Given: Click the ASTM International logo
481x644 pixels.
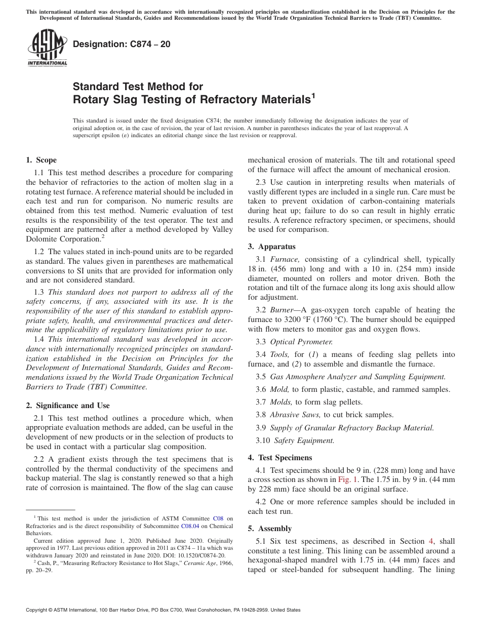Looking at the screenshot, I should pos(47,49).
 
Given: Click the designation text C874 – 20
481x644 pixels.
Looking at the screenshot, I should pos(122,45).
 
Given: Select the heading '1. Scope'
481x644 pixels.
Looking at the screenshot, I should pos(41,160).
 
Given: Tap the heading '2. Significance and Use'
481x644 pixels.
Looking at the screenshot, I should pos(68,405).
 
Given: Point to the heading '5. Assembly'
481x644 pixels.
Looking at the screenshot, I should pos(269,529).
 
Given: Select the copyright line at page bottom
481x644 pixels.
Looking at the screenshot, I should pos(163,610).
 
